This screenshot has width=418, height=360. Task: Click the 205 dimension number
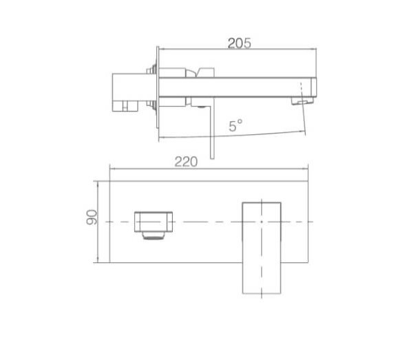(x=239, y=43)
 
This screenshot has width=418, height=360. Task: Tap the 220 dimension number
(x=186, y=162)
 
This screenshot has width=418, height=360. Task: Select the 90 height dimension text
(x=92, y=218)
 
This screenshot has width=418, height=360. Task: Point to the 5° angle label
(x=236, y=125)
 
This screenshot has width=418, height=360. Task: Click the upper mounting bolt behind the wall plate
(x=152, y=70)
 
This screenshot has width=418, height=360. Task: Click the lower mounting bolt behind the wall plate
(x=152, y=104)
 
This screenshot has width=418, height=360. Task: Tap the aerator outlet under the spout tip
(x=302, y=101)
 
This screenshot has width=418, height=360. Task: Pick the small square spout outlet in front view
(x=154, y=222)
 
